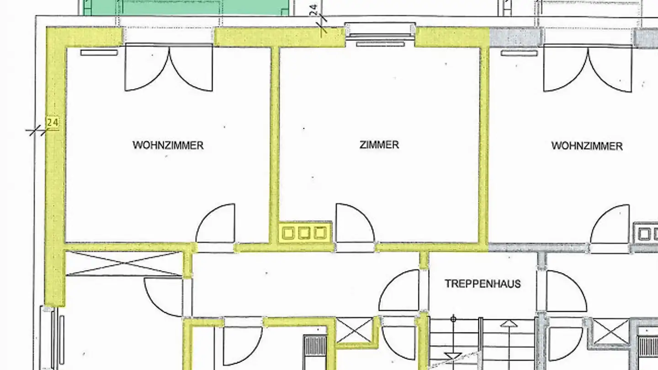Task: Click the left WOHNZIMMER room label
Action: (168, 145)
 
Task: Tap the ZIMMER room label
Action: (379, 145)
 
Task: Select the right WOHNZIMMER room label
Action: (587, 146)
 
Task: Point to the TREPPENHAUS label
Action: (483, 284)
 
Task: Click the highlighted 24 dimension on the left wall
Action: (53, 122)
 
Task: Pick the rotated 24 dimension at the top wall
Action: (314, 10)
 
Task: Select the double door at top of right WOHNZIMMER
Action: (588, 69)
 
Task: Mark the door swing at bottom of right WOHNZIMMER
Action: (610, 225)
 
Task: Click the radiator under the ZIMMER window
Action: (380, 44)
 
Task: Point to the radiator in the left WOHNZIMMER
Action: (99, 53)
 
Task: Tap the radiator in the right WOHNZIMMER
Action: (519, 53)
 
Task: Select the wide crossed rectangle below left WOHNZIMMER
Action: (124, 264)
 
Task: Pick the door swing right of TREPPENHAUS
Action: (565, 291)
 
